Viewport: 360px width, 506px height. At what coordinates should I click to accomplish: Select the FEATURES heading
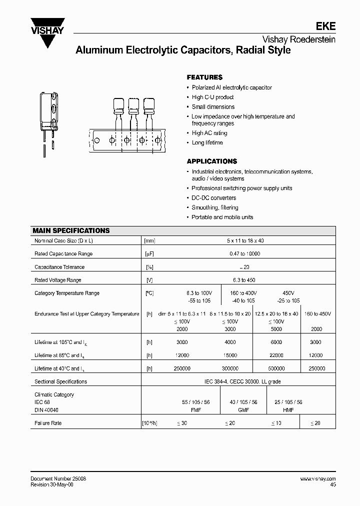(204, 77)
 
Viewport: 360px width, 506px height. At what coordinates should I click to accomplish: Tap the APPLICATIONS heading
(211, 161)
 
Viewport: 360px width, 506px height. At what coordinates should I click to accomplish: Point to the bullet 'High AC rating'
(209, 133)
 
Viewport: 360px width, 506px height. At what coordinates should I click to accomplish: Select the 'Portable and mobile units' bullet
(222, 217)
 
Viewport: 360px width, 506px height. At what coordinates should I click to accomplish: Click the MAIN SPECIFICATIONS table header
(71, 231)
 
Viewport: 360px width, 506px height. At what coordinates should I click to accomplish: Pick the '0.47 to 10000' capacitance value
(244, 254)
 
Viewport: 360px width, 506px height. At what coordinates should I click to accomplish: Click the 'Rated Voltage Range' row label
(57, 280)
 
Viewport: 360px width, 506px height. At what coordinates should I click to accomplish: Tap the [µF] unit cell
(149, 254)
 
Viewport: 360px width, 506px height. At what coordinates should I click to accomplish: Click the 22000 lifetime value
(276, 355)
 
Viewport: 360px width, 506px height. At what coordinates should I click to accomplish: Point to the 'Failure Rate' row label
(48, 423)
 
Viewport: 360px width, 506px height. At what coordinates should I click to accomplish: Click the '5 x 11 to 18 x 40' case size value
(244, 241)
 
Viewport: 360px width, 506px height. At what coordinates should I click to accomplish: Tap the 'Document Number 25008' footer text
(58, 478)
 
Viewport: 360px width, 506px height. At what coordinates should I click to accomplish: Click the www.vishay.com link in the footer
(318, 478)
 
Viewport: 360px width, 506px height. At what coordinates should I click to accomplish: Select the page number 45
(332, 484)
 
